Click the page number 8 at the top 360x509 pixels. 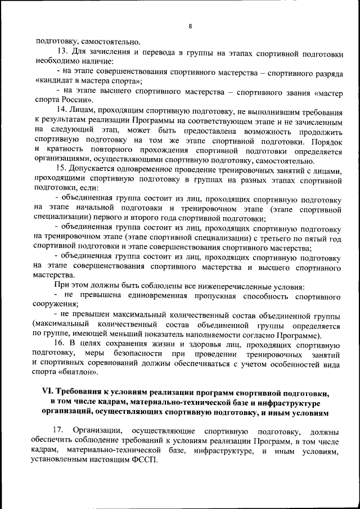point(190,26)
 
